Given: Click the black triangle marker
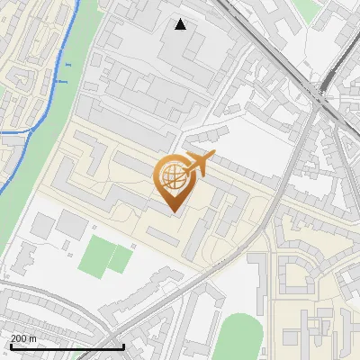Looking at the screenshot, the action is pyautogui.click(x=181, y=24).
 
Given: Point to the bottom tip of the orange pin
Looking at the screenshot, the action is pyautogui.click(x=172, y=212).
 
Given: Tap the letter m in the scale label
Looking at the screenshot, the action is pyautogui.click(x=32, y=337).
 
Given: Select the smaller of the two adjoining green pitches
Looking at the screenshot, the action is pyautogui.click(x=121, y=259).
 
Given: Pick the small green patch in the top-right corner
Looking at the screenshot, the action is pyautogui.click(x=309, y=9).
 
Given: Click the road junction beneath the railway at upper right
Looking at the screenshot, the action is pyautogui.click(x=321, y=93).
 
